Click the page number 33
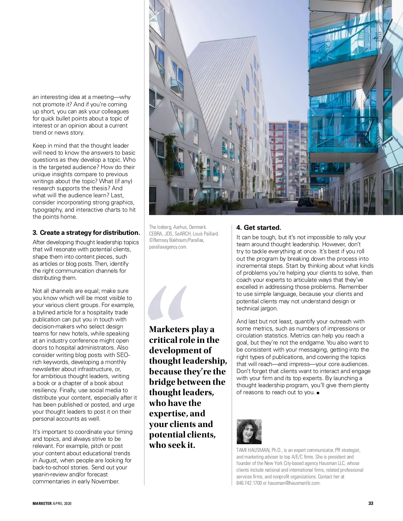point(371,503)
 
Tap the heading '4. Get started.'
point(259,227)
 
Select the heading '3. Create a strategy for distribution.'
point(86,232)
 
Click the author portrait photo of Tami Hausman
point(249,431)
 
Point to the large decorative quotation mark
point(167,303)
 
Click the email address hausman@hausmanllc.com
point(294,483)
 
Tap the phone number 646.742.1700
point(249,483)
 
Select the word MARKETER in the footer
point(42,503)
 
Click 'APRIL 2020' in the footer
point(62,503)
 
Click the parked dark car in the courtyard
point(305,202)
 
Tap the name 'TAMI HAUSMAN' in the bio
point(253,450)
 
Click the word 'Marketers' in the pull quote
point(169,329)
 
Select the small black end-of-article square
point(318,393)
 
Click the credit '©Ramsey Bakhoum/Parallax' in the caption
point(177,240)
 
